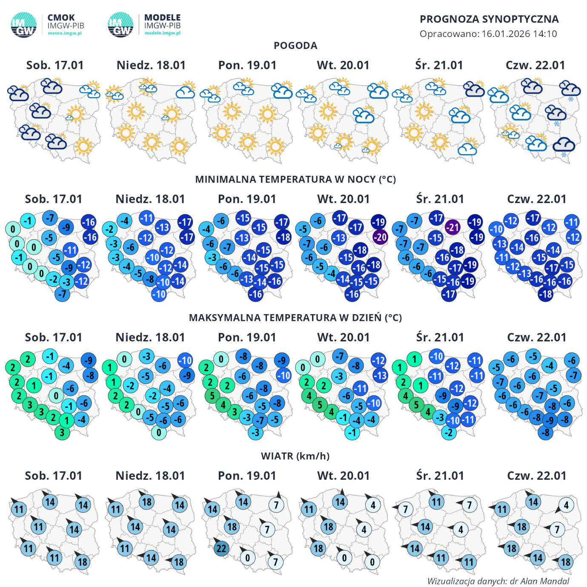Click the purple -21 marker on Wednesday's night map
tap(452, 227)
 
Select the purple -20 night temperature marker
tap(380, 237)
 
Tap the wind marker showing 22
tap(221, 548)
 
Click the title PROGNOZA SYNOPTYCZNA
tap(489, 19)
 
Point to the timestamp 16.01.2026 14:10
tap(519, 34)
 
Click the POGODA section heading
tap(295, 46)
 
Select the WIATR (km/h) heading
tap(295, 456)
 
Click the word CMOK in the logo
tap(61, 17)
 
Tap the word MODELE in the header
tap(163, 17)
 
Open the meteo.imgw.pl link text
tap(65, 33)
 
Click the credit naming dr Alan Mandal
tap(498, 581)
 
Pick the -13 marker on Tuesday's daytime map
tap(380, 375)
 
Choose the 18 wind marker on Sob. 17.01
tap(82, 562)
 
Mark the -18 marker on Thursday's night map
tap(546, 294)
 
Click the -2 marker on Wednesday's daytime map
tap(449, 432)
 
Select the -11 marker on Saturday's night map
tap(70, 250)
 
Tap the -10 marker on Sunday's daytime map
tap(185, 360)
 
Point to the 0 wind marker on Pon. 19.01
tap(248, 558)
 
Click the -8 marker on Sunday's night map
tap(149, 279)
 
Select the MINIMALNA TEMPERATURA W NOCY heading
tap(295, 180)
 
